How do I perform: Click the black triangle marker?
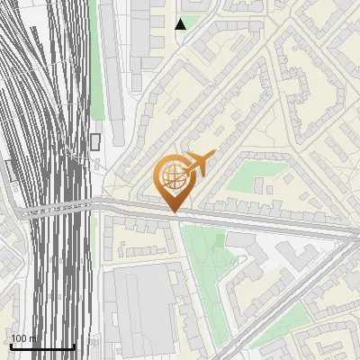181,24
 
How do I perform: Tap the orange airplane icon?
199,165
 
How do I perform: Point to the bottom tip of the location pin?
174,212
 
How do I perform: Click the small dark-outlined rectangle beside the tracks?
95,141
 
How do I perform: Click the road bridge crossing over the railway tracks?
54,209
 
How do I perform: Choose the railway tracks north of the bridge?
45,90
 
